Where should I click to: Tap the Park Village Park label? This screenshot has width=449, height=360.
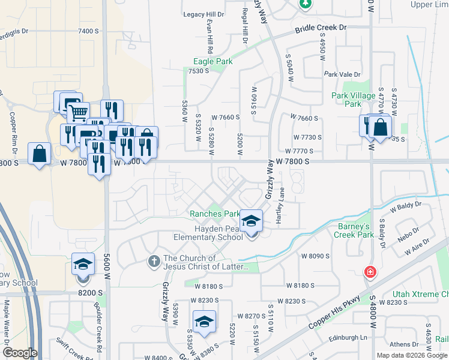pyautogui.click(x=354, y=99)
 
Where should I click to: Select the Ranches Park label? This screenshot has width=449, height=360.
pyautogui.click(x=214, y=214)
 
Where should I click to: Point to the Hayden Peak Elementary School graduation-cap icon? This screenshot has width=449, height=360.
pyautogui.click(x=252, y=221)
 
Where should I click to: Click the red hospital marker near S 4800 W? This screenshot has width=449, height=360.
pyautogui.click(x=371, y=272)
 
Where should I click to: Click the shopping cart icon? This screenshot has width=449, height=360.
pyautogui.click(x=77, y=112)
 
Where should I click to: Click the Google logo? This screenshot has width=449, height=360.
pyautogui.click(x=20, y=353)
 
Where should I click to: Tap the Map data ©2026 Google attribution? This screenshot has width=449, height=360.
pyautogui.click(x=412, y=355)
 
